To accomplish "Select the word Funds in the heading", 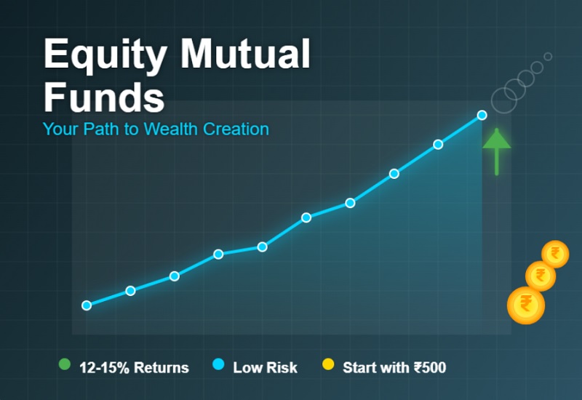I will [x=104, y=97].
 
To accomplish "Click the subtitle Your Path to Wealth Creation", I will [x=156, y=129].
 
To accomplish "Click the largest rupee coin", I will [x=525, y=305].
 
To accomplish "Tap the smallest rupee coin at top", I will [x=555, y=254].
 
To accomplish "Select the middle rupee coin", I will [x=541, y=276].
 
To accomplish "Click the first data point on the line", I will [x=87, y=305].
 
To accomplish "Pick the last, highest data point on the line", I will [x=482, y=115].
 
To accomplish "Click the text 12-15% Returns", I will [x=134, y=368].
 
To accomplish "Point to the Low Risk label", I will [x=265, y=368].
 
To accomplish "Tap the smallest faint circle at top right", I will [x=548, y=56].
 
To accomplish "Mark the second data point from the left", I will [x=130, y=291].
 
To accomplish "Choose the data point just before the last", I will [x=438, y=145].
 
